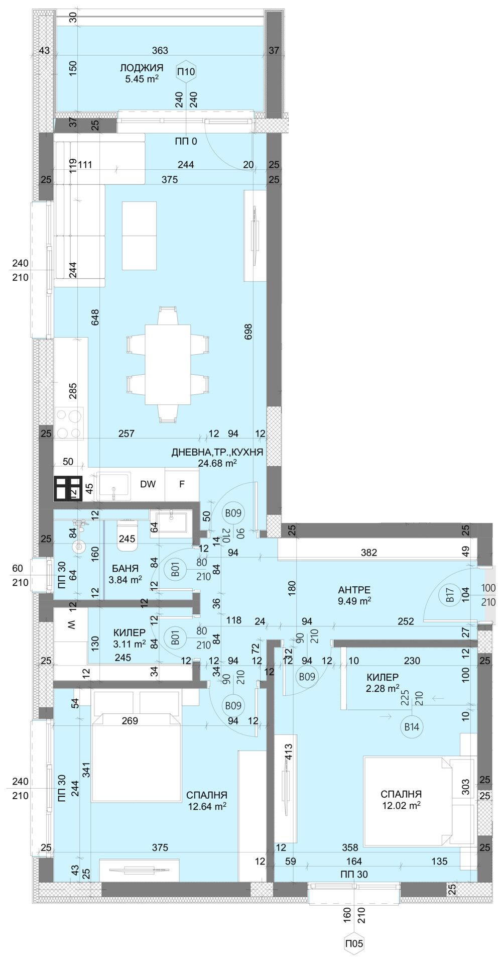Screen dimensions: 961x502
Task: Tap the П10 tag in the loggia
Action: pyautogui.click(x=186, y=72)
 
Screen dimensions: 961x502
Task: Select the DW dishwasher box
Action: pyautogui.click(x=148, y=484)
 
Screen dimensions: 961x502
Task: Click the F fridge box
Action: pyautogui.click(x=182, y=484)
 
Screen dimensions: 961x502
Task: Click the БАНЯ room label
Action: pyautogui.click(x=125, y=569)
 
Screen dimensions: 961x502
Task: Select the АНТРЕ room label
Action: pyautogui.click(x=354, y=590)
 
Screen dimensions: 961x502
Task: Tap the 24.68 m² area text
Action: pyautogui.click(x=217, y=463)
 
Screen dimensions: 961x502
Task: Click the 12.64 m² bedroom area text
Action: pyautogui.click(x=207, y=806)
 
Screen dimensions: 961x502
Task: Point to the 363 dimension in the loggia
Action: pyautogui.click(x=160, y=50)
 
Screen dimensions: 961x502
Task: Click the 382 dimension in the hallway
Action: pyautogui.click(x=369, y=553)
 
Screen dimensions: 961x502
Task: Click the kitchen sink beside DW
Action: pyautogui.click(x=114, y=485)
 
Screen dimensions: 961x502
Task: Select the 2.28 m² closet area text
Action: pyautogui.click(x=383, y=688)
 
